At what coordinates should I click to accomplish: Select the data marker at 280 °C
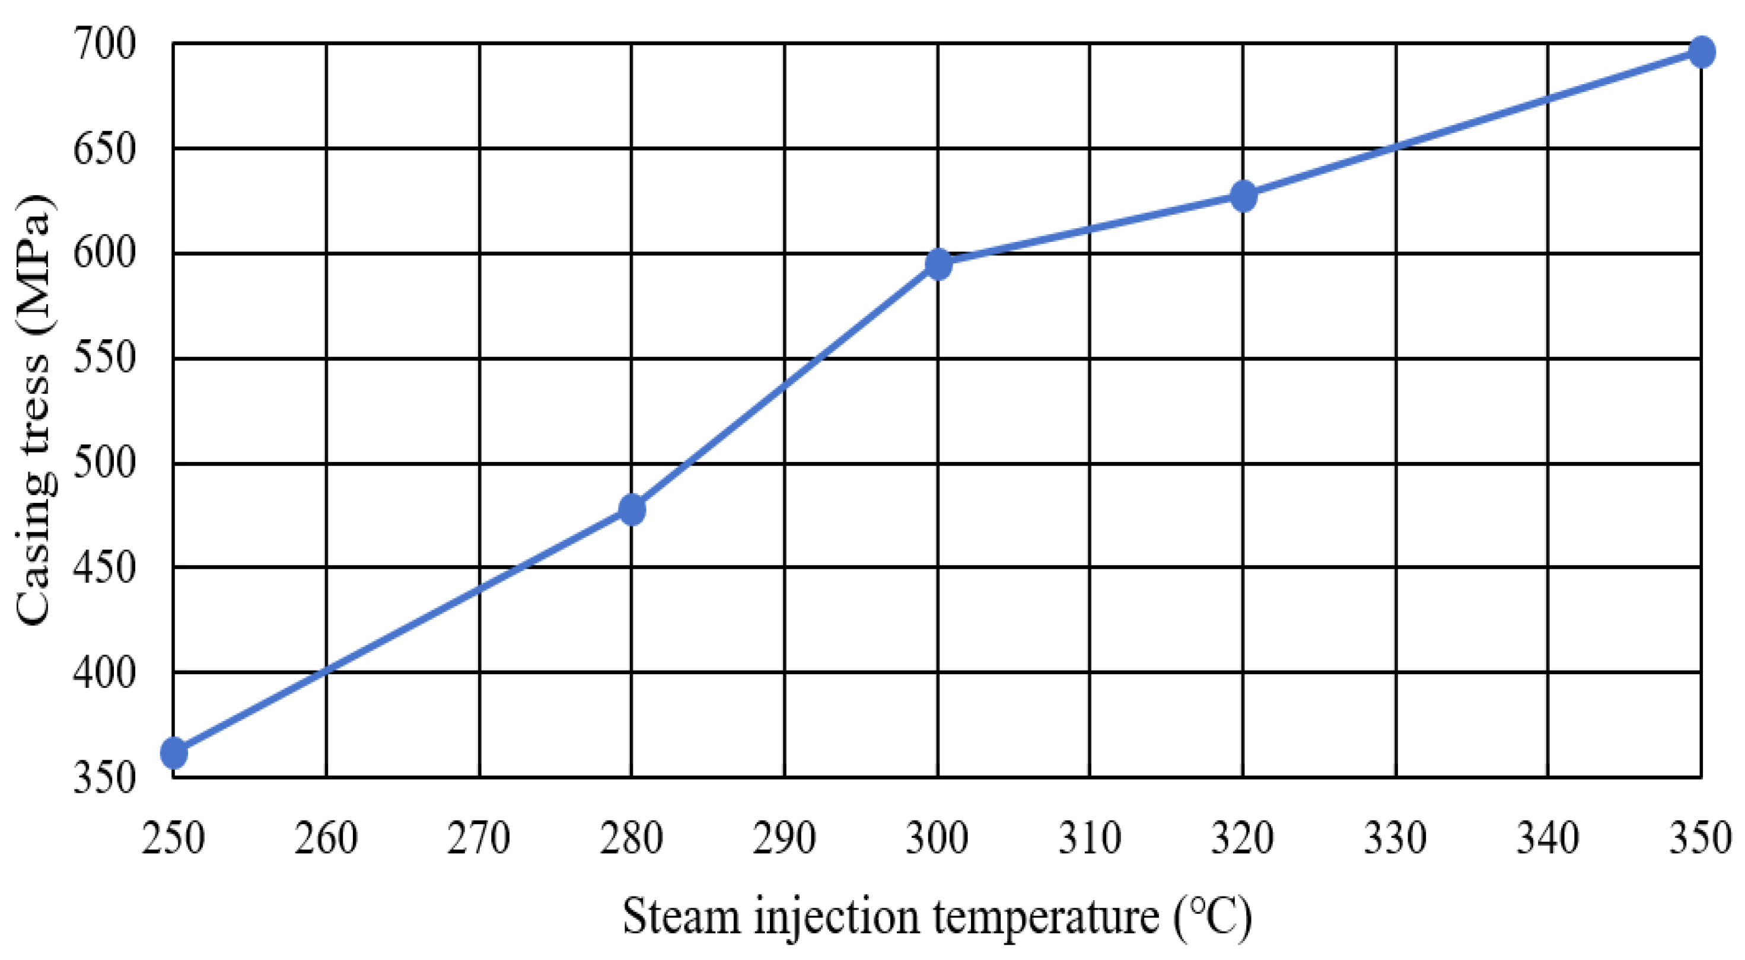[631, 509]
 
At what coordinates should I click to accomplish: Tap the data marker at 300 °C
[938, 264]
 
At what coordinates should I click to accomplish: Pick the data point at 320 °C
[1243, 196]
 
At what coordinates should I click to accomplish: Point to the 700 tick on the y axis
[104, 44]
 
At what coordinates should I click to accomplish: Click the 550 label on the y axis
[104, 358]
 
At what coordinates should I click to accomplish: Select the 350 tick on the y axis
[104, 777]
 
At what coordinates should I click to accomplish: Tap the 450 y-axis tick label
[104, 567]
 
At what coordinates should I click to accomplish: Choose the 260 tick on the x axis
[326, 838]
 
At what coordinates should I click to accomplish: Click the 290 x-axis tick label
[785, 838]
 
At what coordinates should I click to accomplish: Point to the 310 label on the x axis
[1090, 838]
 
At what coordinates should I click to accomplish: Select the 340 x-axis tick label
[1548, 838]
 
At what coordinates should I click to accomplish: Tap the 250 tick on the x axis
[173, 838]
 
